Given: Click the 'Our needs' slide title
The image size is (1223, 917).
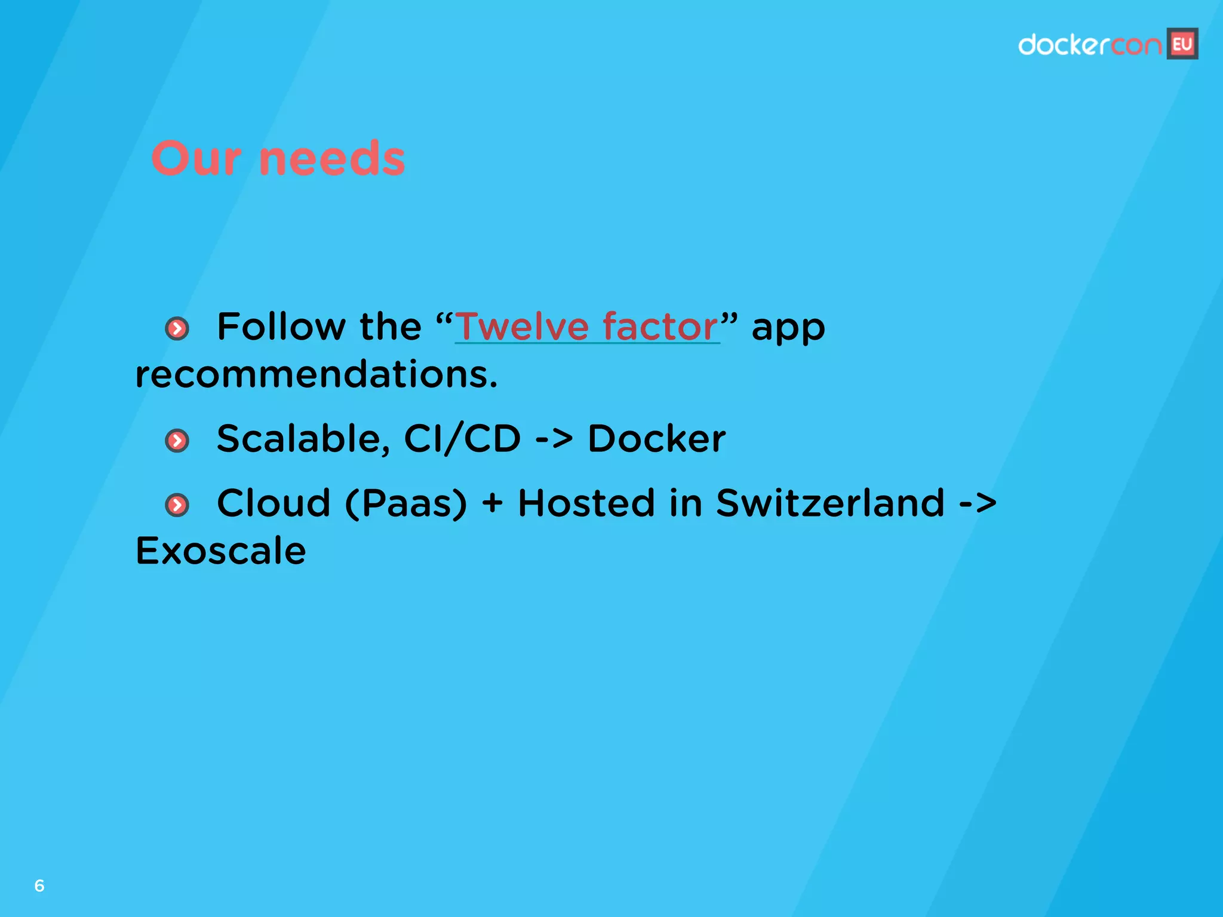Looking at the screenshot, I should coord(278,159).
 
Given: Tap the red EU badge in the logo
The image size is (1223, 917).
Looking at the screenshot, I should coord(1182,44).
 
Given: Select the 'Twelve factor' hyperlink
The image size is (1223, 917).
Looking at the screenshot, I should coord(587,327).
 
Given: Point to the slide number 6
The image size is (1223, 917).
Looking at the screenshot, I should coord(39,885).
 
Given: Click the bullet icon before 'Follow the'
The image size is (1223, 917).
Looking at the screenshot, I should coord(177,328).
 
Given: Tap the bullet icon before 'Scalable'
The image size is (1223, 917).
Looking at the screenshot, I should coord(177,441).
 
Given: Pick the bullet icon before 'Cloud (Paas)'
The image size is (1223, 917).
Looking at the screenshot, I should coord(177,505).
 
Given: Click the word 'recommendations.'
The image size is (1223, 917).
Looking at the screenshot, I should coord(316,375).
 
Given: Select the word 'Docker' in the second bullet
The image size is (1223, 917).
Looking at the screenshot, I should coord(656,439).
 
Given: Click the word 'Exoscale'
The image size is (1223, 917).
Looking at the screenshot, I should coord(220,550).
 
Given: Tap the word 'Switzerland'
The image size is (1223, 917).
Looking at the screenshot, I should coord(830,503).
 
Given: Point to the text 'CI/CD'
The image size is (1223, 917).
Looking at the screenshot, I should coord(462,439).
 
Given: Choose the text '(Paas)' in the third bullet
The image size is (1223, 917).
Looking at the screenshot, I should coord(406,503).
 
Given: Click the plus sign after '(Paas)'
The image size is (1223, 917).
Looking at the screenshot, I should coord(492,503).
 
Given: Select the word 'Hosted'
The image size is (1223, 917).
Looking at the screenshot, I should coord(586,503).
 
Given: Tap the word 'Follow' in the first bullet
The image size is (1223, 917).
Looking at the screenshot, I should coord(281,327).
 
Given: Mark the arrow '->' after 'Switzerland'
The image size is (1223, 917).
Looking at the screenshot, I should coord(978,503).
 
